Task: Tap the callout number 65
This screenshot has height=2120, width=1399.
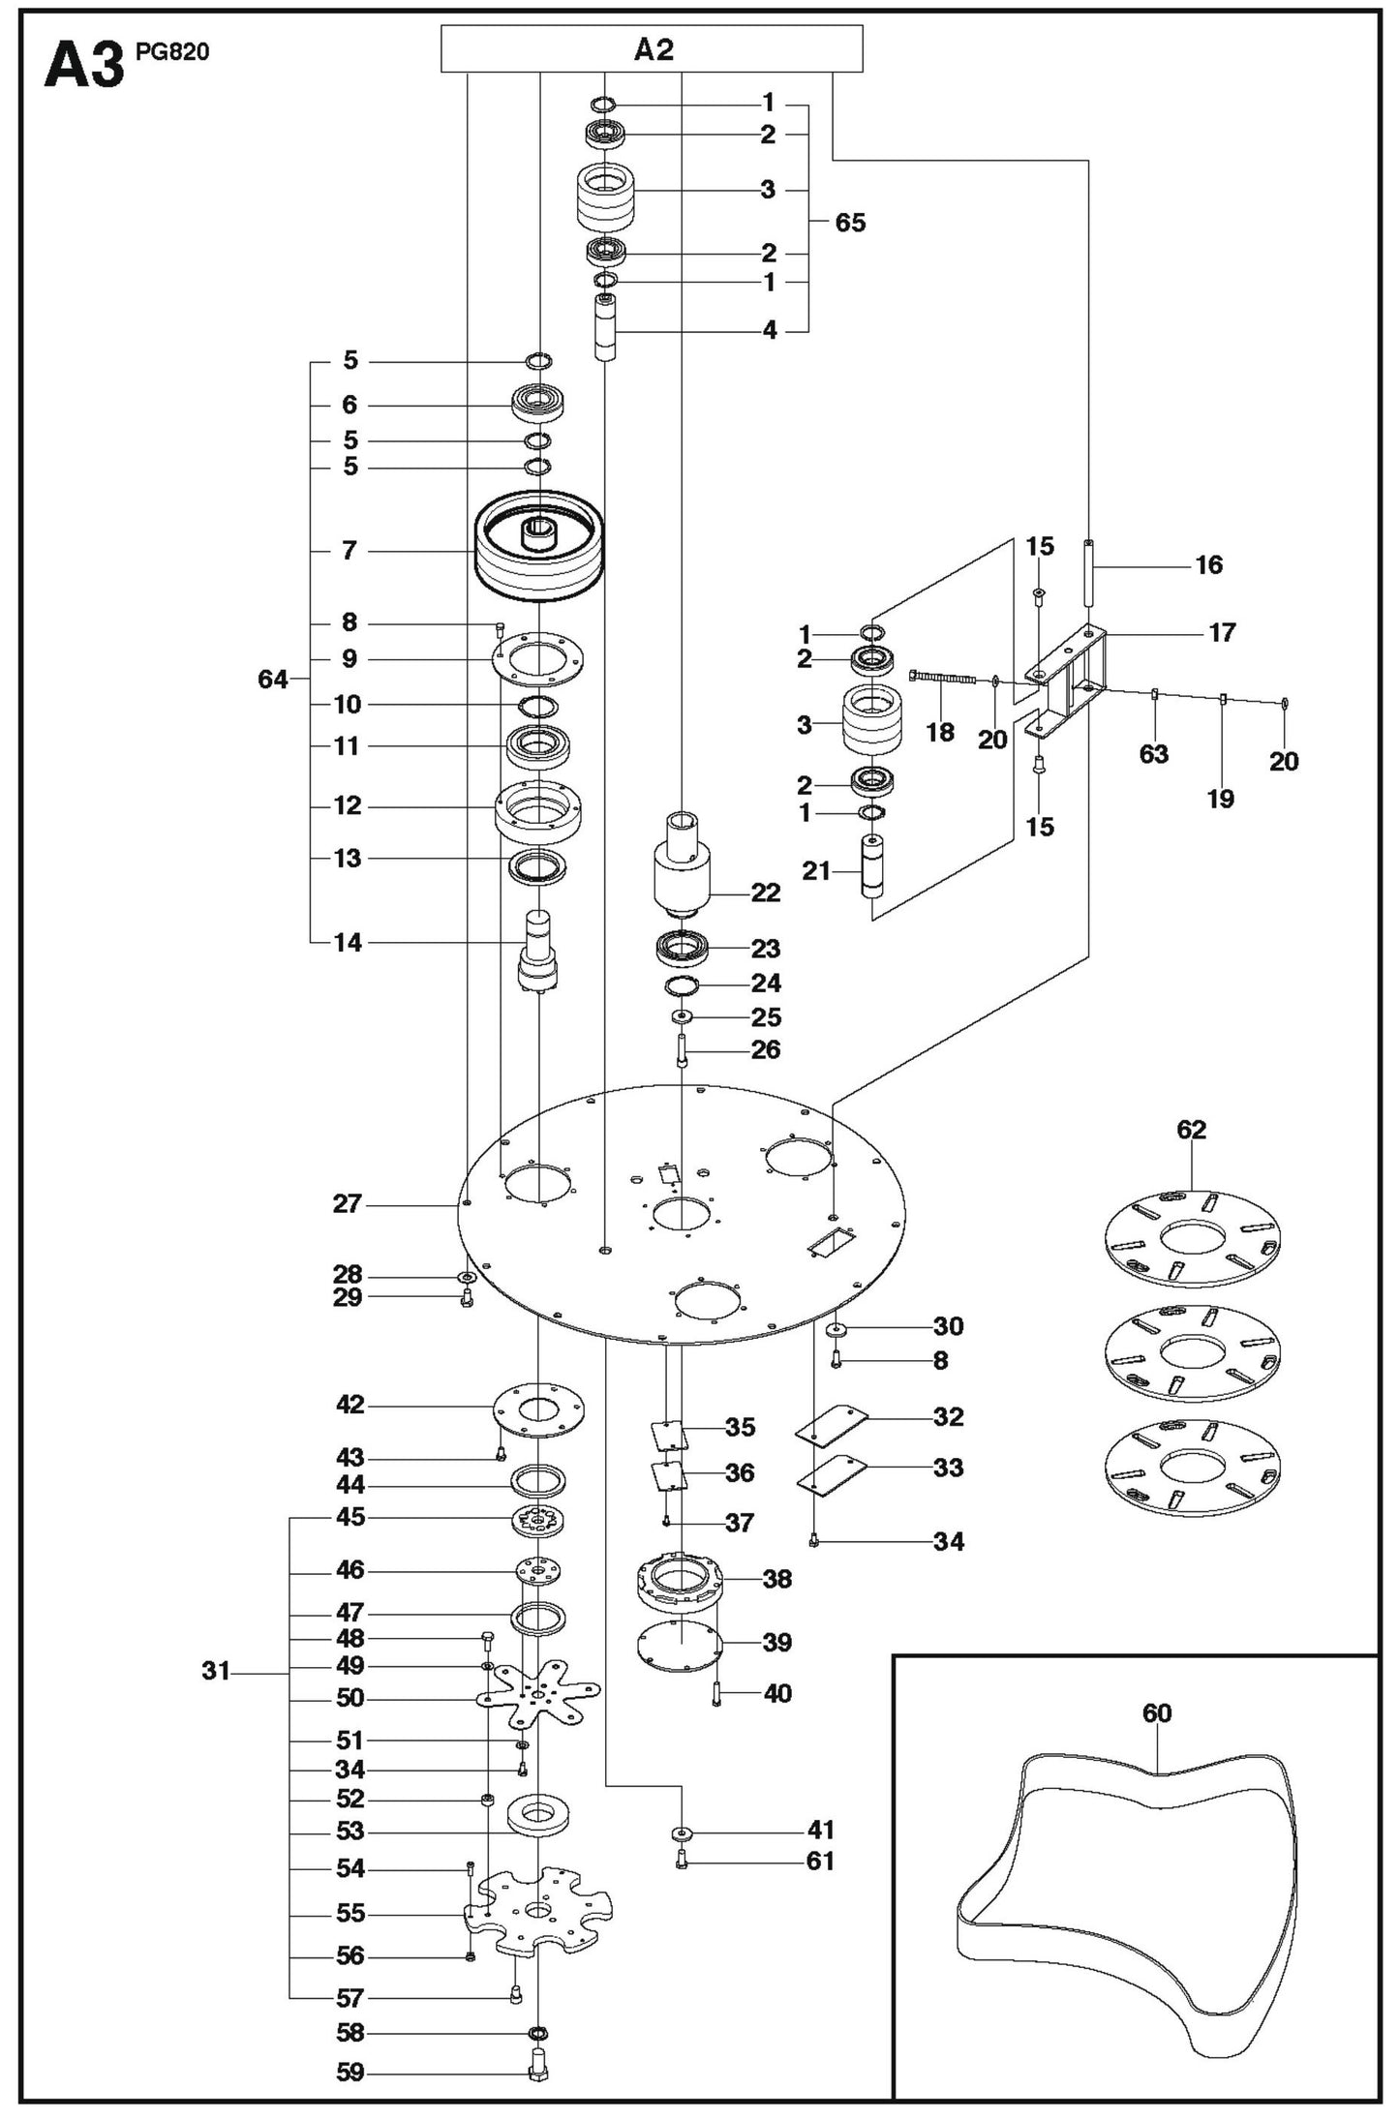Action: point(849,223)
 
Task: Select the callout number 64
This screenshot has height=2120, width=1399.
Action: point(272,680)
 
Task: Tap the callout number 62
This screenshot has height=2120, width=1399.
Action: point(1191,1130)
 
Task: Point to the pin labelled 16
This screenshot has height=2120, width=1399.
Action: point(1088,572)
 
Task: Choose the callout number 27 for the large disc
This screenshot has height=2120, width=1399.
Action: point(347,1203)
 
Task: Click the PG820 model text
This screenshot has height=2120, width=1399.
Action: point(171,51)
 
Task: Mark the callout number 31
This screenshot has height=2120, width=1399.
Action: point(215,1670)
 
